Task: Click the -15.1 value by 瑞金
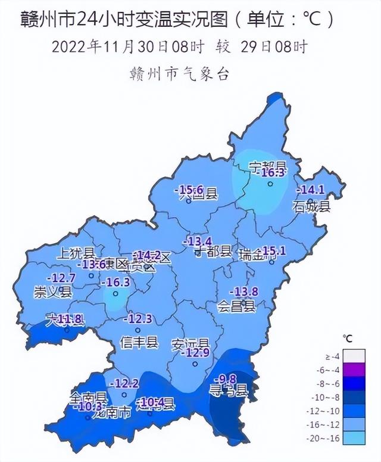pyautogui.click(x=274, y=251)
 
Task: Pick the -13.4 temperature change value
pyautogui.click(x=199, y=241)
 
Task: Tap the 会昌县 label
pyautogui.click(x=236, y=307)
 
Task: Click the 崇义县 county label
pyautogui.click(x=53, y=292)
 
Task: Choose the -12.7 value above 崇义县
pyautogui.click(x=61, y=278)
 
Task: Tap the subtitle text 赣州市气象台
pyautogui.click(x=179, y=75)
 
